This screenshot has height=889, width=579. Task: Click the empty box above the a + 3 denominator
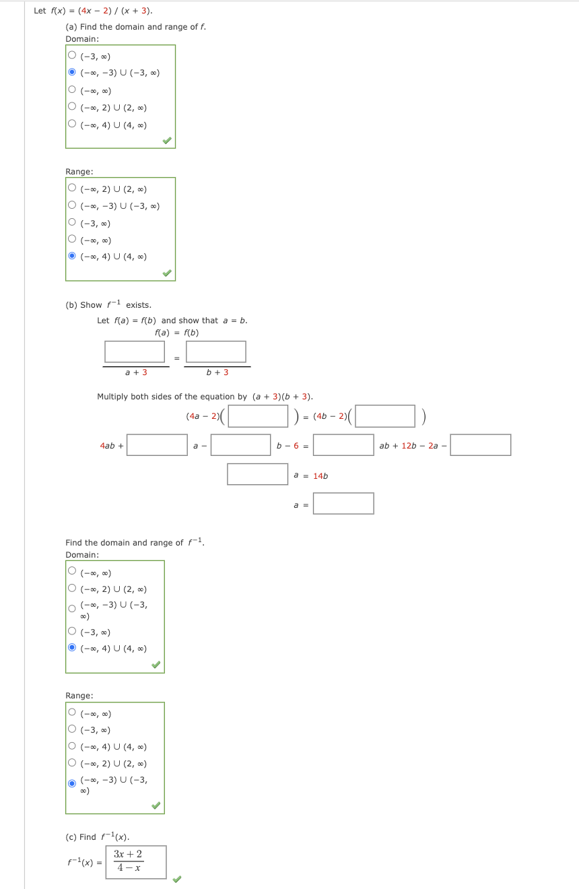[x=135, y=352]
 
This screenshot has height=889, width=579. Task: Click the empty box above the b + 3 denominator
[x=216, y=352]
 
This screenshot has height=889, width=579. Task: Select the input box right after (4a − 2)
[x=259, y=416]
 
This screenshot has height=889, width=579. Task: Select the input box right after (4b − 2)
[x=385, y=416]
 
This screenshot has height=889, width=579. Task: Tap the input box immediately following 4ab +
[x=157, y=445]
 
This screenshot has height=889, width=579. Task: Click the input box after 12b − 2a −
[x=481, y=445]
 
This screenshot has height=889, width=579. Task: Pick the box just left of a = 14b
[x=257, y=474]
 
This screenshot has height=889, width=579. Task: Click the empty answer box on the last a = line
[x=343, y=504]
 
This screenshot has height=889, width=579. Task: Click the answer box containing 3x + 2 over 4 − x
[x=135, y=862]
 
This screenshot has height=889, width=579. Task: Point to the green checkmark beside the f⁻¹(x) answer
[x=177, y=878]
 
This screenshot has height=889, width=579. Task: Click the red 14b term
[x=320, y=476]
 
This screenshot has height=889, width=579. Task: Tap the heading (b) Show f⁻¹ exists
[x=108, y=305]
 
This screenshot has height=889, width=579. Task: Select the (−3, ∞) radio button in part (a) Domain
[x=72, y=57]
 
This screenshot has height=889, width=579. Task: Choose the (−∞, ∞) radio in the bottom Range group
[x=72, y=713]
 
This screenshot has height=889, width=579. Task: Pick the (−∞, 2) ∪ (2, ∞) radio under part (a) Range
[x=72, y=189]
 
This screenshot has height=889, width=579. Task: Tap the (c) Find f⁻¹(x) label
[x=98, y=837]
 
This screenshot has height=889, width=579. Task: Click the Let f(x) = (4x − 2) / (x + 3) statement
[x=93, y=11]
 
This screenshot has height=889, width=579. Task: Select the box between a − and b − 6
[x=240, y=445]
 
